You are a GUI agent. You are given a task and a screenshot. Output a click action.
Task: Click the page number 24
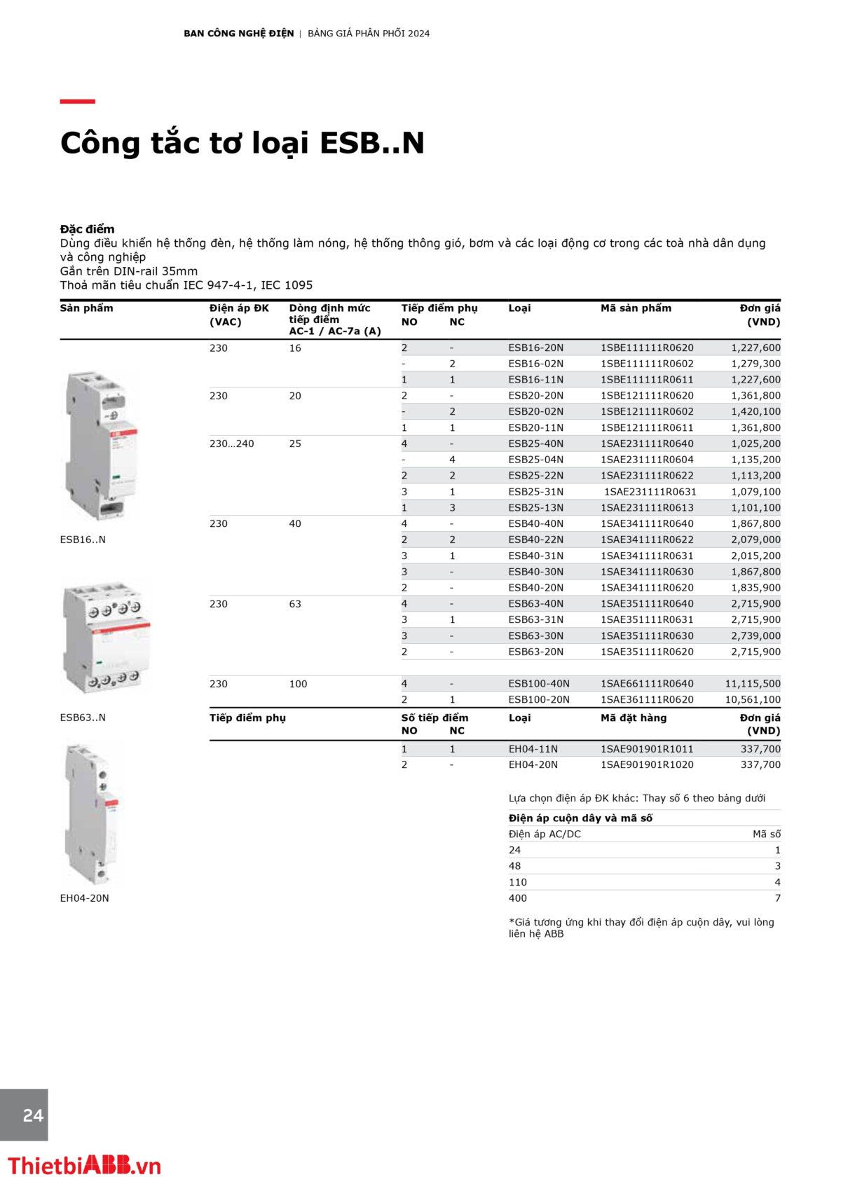tap(33, 1115)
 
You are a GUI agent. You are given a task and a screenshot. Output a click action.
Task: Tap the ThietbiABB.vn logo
tap(84, 1166)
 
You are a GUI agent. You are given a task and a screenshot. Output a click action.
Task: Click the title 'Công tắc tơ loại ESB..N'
tap(242, 143)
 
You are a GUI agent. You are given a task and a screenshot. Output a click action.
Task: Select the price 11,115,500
tap(753, 684)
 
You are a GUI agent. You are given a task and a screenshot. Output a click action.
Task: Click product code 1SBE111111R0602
tap(647, 364)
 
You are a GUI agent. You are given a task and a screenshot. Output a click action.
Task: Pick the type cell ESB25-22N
tap(535, 476)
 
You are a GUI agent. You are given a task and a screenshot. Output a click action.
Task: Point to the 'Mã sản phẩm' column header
tap(636, 308)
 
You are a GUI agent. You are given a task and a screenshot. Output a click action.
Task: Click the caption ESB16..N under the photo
tap(83, 539)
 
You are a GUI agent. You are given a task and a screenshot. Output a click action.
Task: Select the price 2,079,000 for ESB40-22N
tap(755, 539)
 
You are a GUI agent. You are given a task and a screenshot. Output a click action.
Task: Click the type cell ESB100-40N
tap(539, 684)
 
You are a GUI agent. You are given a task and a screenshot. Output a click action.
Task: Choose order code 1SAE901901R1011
tap(647, 749)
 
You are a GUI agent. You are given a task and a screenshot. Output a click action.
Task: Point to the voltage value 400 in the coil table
tap(518, 898)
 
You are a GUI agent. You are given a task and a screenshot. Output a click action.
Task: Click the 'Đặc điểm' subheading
tap(87, 229)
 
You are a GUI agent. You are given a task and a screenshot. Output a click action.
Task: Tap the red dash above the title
tap(77, 102)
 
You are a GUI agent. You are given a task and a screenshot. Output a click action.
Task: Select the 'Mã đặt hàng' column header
tap(634, 717)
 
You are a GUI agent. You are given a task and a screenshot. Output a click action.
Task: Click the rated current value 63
tap(295, 604)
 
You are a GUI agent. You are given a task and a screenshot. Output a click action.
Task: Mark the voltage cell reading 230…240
tap(231, 444)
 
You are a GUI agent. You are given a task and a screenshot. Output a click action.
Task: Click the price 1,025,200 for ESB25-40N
tap(755, 444)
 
